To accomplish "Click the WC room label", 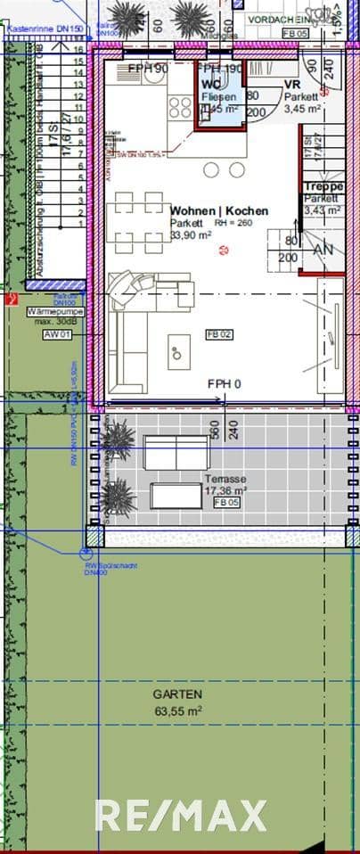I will coord(211,85).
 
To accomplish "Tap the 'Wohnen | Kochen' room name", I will coord(218,211).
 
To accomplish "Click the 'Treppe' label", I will coord(323,186).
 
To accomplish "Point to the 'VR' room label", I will coord(292,85).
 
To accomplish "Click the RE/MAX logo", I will coord(181,816).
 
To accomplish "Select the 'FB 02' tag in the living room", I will coord(219,333).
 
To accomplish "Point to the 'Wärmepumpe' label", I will coord(55,312).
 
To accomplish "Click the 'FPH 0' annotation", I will coord(225,383).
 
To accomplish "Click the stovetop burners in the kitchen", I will coord(180,107).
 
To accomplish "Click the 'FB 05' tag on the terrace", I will coord(226,503).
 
